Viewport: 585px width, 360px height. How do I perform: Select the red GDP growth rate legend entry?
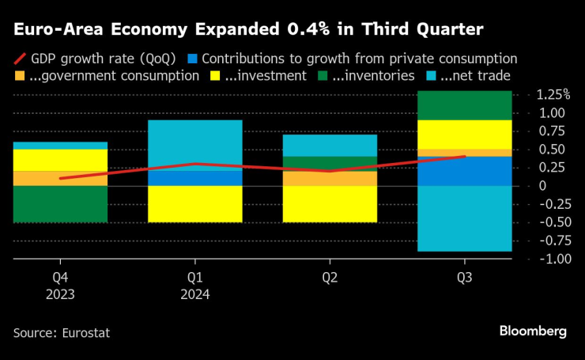[95, 59]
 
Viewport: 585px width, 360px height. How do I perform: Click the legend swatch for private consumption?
[192, 59]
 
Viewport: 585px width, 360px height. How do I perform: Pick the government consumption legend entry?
[107, 77]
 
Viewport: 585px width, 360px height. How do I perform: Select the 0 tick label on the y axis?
[541, 185]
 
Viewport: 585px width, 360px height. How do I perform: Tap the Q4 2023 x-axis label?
[60, 286]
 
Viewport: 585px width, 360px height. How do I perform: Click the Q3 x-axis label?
[464, 278]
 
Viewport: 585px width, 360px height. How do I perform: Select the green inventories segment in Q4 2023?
[60, 203]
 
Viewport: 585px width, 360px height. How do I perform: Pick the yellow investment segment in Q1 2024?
[194, 203]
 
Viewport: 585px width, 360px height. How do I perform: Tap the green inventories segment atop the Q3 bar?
[464, 105]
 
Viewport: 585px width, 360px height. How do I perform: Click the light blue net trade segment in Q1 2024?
[194, 145]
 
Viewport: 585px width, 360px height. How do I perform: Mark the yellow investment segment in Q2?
[330, 203]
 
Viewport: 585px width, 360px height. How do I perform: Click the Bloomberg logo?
[532, 332]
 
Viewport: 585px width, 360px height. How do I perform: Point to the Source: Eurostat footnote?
[62, 333]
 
